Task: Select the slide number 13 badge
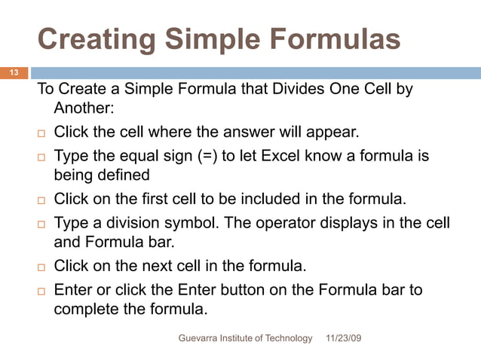point(14,73)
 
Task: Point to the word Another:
point(84,108)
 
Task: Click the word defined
point(124,176)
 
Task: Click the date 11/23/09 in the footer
point(343,339)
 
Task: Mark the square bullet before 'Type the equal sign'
point(42,157)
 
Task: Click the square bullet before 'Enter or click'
point(42,291)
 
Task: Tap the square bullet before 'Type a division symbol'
point(42,224)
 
